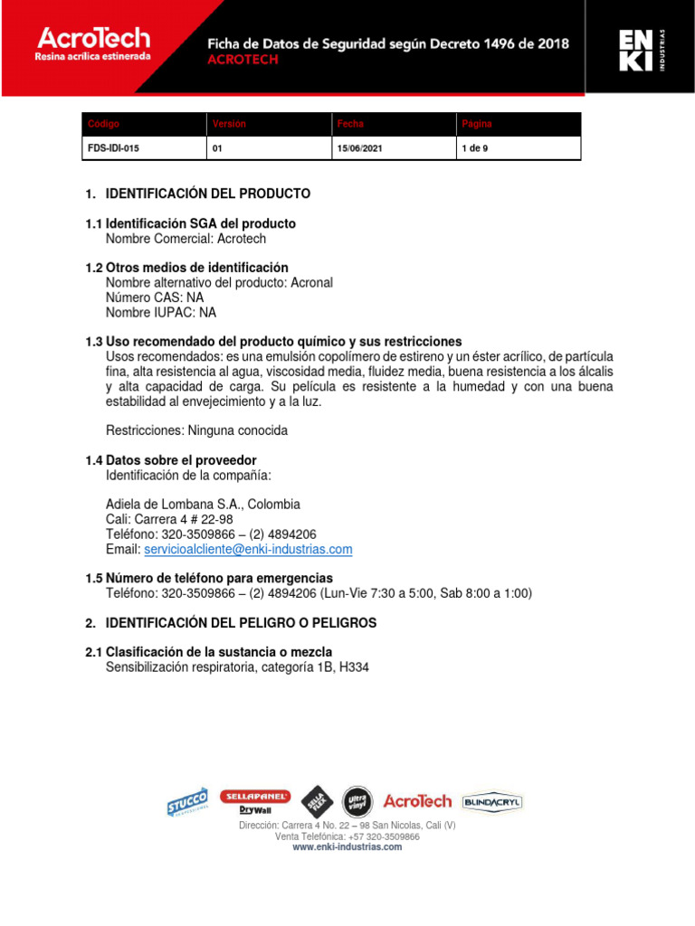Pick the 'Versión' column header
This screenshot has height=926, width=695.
coord(229,124)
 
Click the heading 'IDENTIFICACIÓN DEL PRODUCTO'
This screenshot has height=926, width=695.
coord(208,194)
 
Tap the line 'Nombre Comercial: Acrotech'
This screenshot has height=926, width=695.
coord(186,239)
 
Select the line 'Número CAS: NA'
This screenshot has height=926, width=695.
coord(155,298)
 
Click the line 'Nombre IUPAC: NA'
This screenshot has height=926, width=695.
coord(161,313)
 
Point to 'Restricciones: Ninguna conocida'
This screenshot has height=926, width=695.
coord(196,430)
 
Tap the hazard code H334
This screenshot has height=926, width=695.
coord(356,667)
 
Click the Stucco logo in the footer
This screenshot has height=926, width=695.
coord(187,801)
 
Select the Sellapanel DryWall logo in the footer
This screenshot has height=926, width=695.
coord(256,801)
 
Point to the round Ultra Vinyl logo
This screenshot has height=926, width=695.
coord(356,800)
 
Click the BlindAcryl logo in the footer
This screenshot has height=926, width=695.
coord(492,801)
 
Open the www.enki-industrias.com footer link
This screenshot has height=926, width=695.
coord(347,847)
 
